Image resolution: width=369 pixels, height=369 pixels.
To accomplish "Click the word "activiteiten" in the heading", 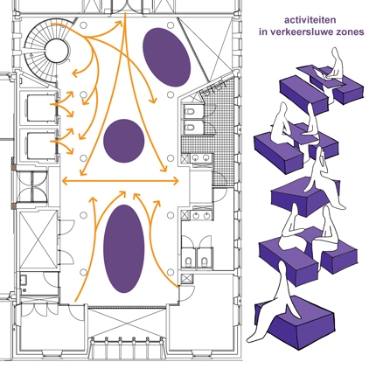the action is pos(306,20).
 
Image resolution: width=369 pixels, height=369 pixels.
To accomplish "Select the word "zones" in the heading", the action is pos(353,31).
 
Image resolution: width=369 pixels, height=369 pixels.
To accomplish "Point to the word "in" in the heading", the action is pos(263,31).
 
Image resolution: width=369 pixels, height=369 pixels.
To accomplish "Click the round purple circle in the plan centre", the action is pos(124,141).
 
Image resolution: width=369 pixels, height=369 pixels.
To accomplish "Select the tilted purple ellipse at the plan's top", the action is pos(167,57).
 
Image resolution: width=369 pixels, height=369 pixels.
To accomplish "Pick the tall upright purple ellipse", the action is pos(124,248).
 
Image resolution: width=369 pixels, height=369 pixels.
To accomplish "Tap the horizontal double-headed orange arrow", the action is pos(120,181).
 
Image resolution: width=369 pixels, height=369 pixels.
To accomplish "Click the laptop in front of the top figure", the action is pos(322,73).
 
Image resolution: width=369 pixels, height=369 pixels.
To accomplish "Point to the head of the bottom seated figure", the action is pos(282,268).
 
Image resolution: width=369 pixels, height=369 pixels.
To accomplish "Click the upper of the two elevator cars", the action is pos(40,108).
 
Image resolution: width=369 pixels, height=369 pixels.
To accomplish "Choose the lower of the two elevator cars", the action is pos(40,145).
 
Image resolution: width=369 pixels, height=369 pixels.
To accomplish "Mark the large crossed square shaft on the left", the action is pos(38,240).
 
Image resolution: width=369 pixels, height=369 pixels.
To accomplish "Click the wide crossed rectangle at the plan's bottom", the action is pos(127,323).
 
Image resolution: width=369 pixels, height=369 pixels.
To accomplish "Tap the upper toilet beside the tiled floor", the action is pos(190,112).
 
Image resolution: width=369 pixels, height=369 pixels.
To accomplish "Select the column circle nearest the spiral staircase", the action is pos(84,25).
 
